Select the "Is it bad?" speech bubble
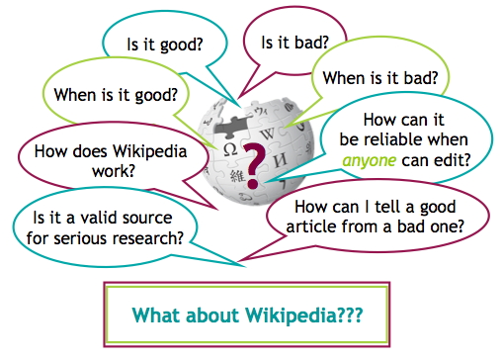point(294,43)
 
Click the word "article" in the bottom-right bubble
point(315,228)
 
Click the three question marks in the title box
point(348,315)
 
